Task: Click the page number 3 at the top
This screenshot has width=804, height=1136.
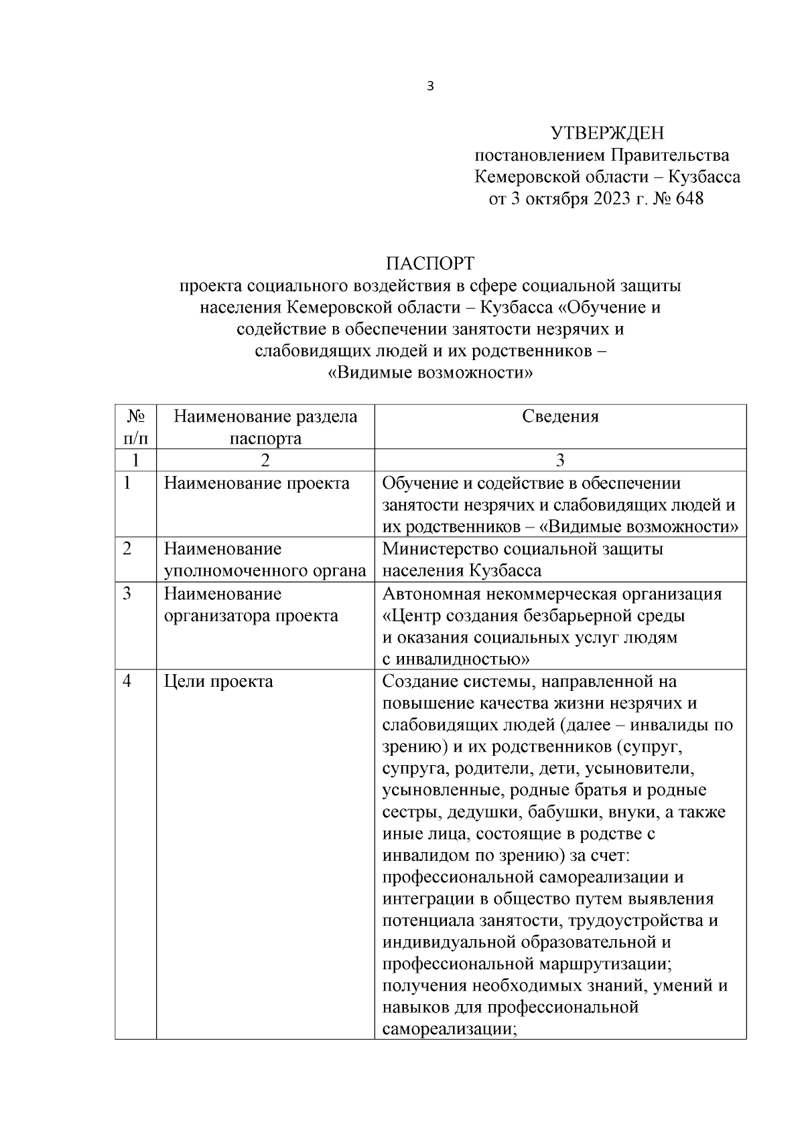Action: tap(430, 86)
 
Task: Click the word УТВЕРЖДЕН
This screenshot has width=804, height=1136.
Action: tap(606, 133)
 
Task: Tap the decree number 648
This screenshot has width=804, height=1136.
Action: tap(689, 199)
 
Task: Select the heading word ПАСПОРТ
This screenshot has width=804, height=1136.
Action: tap(430, 263)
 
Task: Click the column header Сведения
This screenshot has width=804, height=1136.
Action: tap(560, 416)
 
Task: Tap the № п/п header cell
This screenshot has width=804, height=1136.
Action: tap(136, 427)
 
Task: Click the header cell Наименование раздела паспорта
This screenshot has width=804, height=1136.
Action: tap(265, 427)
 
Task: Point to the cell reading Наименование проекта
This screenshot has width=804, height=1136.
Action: tap(257, 483)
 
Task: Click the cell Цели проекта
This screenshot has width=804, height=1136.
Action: tap(218, 681)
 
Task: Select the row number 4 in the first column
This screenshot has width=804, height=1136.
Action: tap(127, 681)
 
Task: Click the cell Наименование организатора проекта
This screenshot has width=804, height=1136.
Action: tap(251, 604)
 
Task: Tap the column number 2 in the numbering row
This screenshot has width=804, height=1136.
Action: tap(265, 461)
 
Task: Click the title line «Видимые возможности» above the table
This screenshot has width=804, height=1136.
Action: tap(430, 374)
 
